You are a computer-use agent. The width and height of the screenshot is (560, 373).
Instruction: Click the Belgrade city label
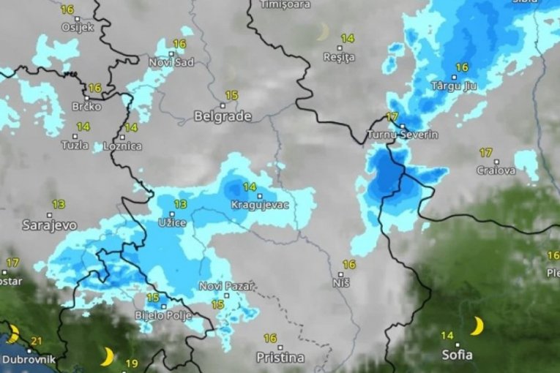coord(223,116)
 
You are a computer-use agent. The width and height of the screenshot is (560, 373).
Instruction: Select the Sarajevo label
coord(49,225)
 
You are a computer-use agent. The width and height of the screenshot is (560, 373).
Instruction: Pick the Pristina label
coord(280,358)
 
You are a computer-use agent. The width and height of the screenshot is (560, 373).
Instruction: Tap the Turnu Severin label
coord(403,135)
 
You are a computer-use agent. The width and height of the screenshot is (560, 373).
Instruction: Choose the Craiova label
coord(496,170)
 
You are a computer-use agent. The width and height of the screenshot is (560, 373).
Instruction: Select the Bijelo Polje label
coord(163,316)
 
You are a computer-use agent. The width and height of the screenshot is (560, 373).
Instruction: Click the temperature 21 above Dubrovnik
coord(37,341)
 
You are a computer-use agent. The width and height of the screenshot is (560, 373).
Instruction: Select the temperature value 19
coord(132,363)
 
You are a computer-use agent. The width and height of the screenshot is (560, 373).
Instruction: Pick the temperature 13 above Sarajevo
coord(59,204)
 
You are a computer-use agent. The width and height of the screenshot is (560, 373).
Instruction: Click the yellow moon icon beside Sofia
coord(477,325)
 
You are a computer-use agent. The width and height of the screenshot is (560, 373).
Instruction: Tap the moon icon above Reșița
coord(322,31)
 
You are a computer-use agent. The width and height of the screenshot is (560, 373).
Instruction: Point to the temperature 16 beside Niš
coord(348,265)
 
